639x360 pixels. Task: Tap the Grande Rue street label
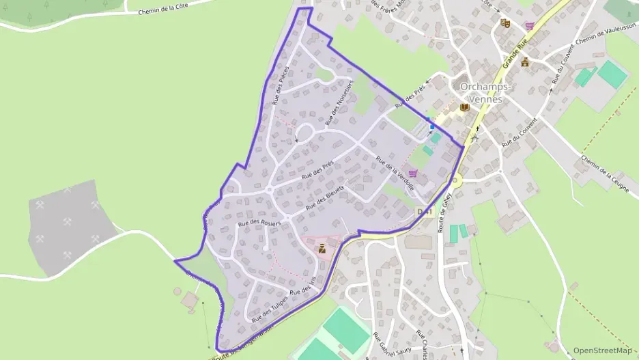[515, 55]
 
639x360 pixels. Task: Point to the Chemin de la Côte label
[162, 9]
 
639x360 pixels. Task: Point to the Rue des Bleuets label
[324, 197]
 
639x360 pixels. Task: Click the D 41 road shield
[425, 212]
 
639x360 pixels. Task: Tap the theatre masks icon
[505, 23]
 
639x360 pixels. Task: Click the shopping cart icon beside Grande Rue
[530, 26]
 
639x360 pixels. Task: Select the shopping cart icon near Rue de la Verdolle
[412, 174]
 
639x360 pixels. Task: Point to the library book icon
[465, 107]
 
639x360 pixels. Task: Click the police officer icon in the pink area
[322, 249]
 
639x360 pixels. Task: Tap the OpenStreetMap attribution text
[603, 350]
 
